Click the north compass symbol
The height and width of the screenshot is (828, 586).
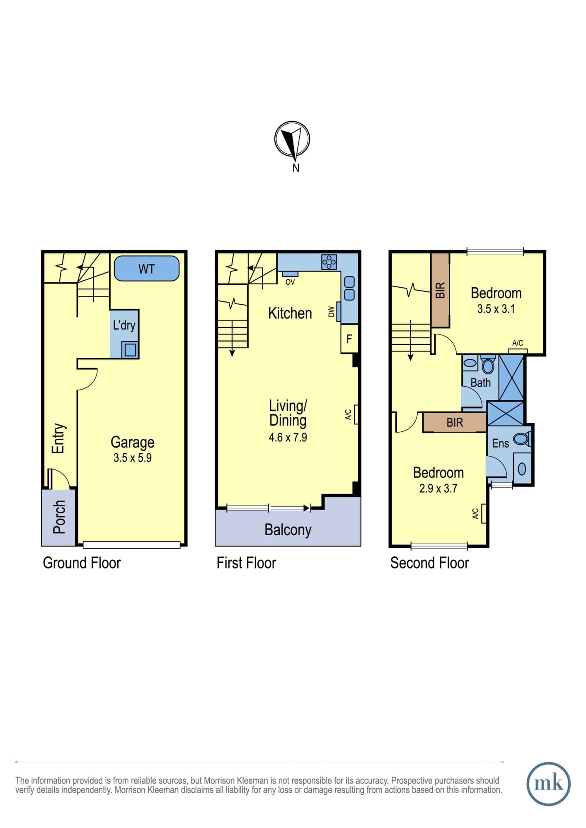click(292, 140)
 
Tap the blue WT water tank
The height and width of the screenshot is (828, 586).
click(147, 268)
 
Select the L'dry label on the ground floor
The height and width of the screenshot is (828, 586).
click(124, 325)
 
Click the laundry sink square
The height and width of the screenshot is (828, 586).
click(130, 350)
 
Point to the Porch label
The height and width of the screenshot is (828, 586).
click(59, 517)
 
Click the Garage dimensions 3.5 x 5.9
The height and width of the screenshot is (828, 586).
click(133, 458)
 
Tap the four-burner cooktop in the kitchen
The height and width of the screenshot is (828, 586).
click(329, 262)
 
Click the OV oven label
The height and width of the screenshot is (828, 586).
click(290, 282)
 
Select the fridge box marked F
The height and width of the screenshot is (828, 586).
click(349, 339)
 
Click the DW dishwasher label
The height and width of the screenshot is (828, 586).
click(331, 312)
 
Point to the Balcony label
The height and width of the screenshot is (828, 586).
click(288, 530)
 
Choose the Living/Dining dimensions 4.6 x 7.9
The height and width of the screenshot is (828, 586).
click(288, 438)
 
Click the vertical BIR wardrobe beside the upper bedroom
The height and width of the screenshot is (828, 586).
click(440, 290)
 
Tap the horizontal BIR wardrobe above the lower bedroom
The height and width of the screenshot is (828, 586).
click(455, 423)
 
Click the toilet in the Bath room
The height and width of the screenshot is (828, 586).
click(488, 366)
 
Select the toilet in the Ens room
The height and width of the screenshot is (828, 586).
click(522, 439)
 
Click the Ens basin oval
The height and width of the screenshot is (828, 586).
click(522, 469)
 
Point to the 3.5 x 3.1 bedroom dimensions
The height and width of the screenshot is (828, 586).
click(496, 309)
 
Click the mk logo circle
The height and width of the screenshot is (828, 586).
click(548, 784)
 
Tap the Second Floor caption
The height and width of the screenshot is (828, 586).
click(430, 563)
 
